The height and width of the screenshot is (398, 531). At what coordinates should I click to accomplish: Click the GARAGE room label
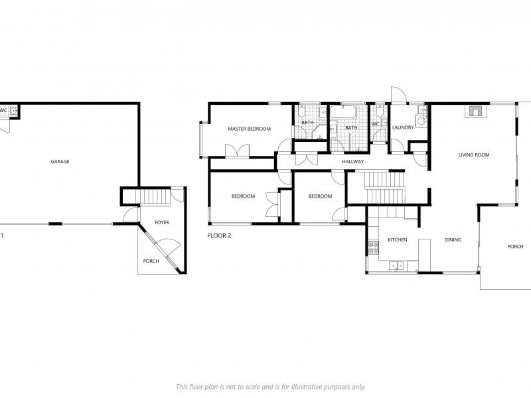coord(60,162)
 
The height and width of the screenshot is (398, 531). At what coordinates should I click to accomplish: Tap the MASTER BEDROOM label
coord(250,129)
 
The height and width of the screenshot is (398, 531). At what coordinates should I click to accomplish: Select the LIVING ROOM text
coord(474,155)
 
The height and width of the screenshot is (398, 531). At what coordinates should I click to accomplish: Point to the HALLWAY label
coord(353,162)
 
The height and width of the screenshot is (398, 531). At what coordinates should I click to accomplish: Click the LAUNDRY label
coord(403,127)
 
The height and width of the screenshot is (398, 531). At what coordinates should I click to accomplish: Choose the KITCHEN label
coord(398,240)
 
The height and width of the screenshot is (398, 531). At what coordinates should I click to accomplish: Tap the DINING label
coord(453,240)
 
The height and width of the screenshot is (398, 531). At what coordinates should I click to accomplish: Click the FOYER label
coord(162,223)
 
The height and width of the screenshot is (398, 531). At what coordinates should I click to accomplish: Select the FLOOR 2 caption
coord(219,235)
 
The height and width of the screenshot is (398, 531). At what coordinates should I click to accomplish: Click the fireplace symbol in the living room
coord(475,111)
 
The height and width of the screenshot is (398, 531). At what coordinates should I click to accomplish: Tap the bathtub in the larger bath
coord(343,112)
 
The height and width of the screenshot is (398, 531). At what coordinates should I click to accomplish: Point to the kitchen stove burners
coord(373,247)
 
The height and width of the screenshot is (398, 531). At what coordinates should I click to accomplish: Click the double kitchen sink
coord(396,266)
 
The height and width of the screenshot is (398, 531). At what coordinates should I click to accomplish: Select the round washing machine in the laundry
coord(421,121)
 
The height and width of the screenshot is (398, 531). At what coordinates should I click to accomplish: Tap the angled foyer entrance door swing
coord(168,248)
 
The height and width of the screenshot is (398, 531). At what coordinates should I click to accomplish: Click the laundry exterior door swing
coord(399,94)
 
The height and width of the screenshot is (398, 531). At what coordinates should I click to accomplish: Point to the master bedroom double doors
coord(238,151)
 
